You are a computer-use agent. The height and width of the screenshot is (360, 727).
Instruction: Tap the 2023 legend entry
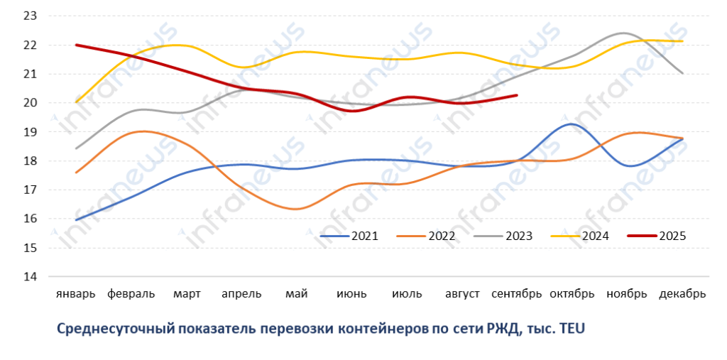519,236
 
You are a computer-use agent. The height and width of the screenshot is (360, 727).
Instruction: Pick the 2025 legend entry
672,236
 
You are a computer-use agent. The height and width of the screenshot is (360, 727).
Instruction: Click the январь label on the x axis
75,294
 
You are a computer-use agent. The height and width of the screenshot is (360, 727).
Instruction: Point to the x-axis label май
295,294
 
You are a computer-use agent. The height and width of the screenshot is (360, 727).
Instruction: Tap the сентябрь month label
518,294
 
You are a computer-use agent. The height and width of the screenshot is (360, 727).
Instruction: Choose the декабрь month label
682,294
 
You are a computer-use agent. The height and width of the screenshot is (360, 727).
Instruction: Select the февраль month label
131,294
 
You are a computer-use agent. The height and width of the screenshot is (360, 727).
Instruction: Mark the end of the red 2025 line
517,95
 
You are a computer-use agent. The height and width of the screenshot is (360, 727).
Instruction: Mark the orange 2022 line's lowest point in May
297,209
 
